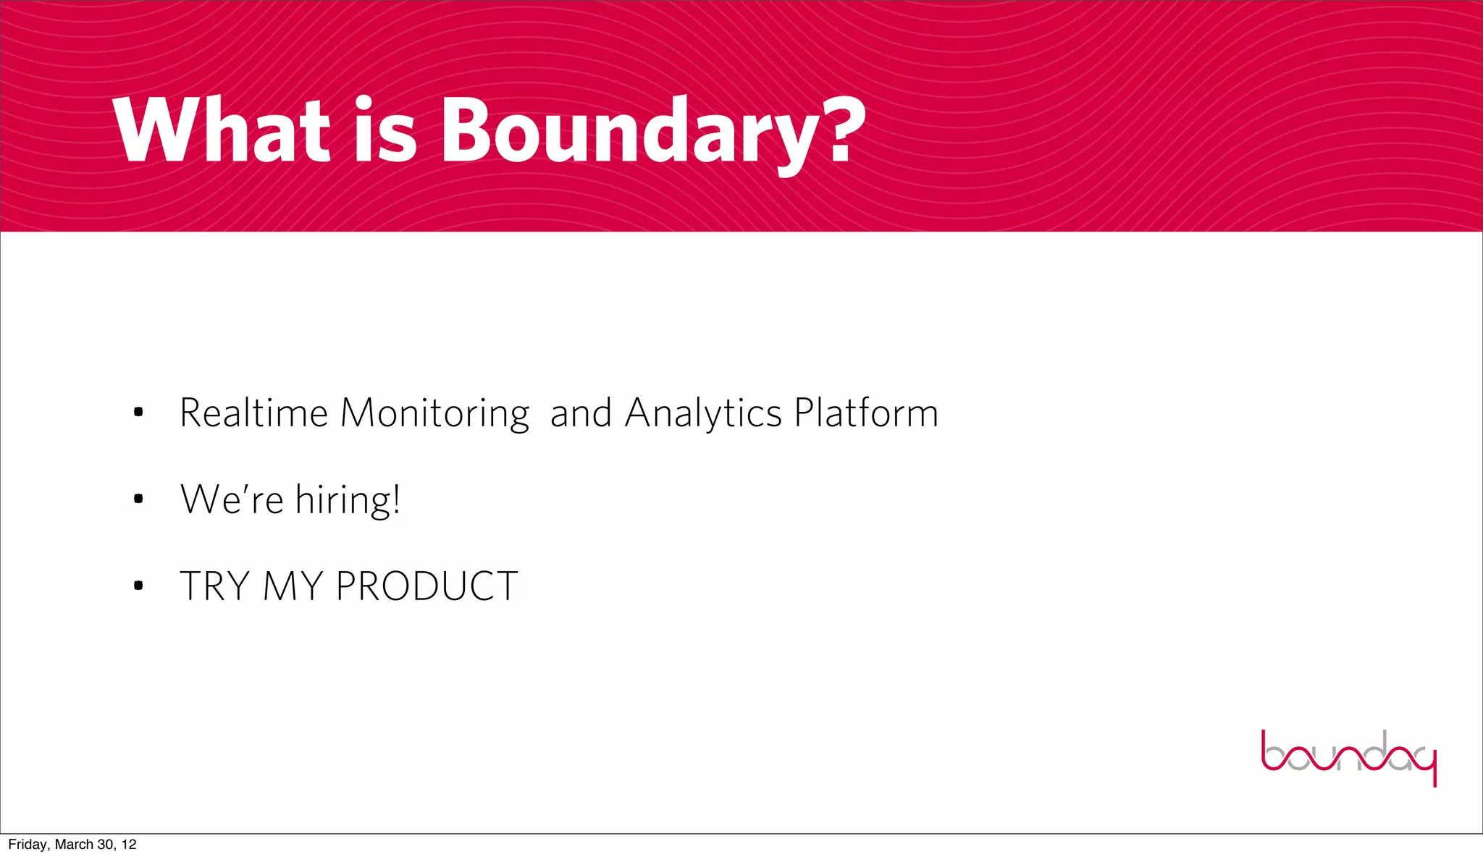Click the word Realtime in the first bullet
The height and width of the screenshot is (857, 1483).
point(253,413)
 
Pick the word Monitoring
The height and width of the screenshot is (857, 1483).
point(434,415)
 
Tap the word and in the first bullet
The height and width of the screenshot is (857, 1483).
point(581,413)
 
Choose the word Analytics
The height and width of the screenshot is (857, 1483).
point(702,415)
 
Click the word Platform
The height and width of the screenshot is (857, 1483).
point(866,413)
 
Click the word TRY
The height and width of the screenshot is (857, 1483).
point(214,586)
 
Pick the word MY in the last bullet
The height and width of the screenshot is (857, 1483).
point(293,586)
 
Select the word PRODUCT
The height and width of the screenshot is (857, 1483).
point(427,586)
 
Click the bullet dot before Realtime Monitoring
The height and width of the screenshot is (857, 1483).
point(138,413)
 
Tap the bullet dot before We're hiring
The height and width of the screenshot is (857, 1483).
point(138,499)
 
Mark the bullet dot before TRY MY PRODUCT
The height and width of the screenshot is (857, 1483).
point(138,586)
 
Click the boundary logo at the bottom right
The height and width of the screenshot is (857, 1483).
point(1348,757)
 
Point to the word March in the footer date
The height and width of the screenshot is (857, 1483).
point(74,845)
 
